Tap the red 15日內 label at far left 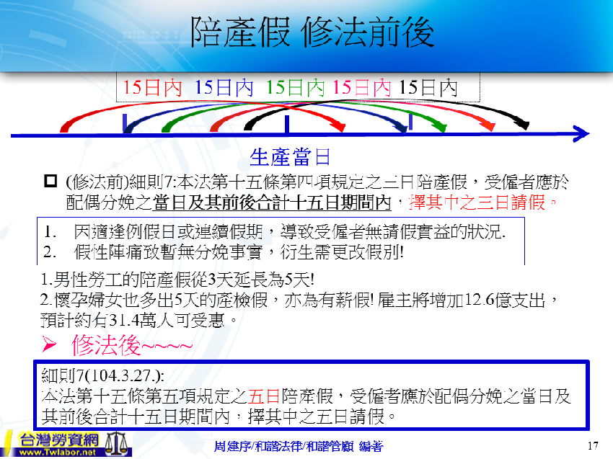click(152, 88)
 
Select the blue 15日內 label click(224, 88)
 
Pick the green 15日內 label click(296, 88)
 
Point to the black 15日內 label click(428, 88)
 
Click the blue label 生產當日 click(289, 156)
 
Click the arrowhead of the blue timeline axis click(583, 133)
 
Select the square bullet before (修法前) click(50, 180)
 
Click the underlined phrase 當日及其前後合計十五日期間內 click(272, 202)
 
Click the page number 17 click(594, 444)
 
